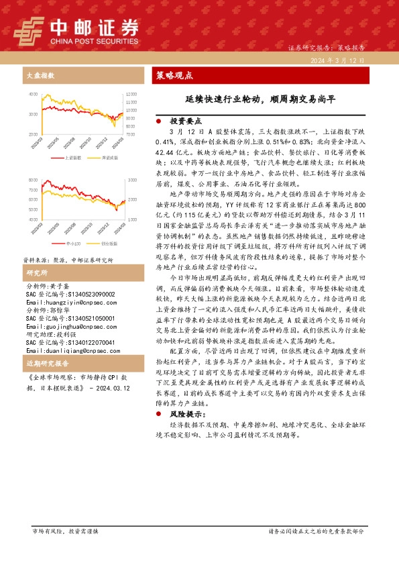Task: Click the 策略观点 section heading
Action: pos(174,75)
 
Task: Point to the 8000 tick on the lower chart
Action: pos(33,181)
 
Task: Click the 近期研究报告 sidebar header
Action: pos(43,364)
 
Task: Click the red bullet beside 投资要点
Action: pos(157,123)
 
